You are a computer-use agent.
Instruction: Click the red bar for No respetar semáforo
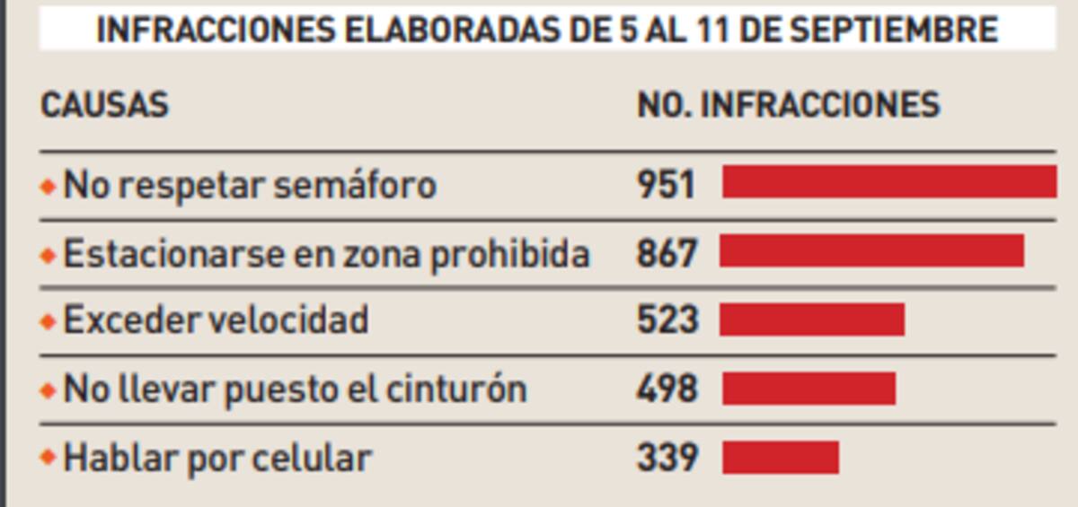point(889,181)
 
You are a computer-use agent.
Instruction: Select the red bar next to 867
point(871,251)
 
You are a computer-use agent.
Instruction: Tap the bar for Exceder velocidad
point(812,319)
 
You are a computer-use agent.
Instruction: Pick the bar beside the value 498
point(808,389)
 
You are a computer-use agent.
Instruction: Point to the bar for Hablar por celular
point(781,458)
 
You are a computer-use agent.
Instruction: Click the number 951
point(666,185)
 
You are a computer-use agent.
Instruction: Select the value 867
point(667,254)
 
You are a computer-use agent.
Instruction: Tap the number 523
point(667,320)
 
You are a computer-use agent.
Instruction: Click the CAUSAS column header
point(104,105)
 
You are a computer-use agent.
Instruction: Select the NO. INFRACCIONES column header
point(788,105)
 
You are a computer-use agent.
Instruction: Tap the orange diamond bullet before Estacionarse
point(48,256)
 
